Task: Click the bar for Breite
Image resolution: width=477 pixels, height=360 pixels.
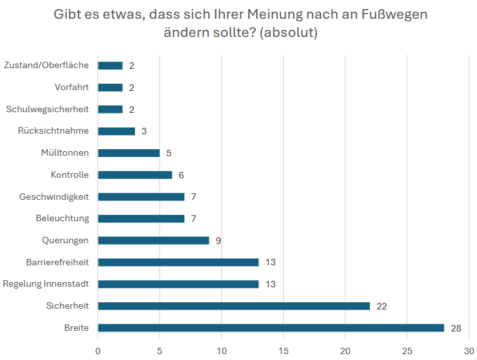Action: (x=271, y=328)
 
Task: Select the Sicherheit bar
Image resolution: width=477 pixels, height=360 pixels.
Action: (x=234, y=306)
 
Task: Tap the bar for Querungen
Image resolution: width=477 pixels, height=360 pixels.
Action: (x=153, y=240)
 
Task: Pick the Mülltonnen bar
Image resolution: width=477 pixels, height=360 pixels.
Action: (x=128, y=153)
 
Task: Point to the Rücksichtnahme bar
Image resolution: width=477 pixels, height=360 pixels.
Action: (x=116, y=131)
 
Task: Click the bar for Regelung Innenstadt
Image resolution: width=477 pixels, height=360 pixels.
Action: (x=178, y=283)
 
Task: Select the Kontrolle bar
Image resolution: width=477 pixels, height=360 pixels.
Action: (x=135, y=174)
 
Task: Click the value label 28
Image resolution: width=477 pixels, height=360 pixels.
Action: (x=456, y=328)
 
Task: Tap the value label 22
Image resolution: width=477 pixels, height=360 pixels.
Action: (x=382, y=306)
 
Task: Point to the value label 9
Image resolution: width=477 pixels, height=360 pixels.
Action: (x=219, y=241)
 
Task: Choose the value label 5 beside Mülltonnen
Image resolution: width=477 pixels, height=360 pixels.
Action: (x=169, y=153)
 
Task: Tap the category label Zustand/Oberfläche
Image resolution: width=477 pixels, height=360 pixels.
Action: (x=46, y=65)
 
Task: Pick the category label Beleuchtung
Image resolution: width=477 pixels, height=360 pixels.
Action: (x=62, y=219)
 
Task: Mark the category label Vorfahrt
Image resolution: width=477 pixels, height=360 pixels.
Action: (x=71, y=87)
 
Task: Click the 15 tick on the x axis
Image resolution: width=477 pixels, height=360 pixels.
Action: (x=283, y=351)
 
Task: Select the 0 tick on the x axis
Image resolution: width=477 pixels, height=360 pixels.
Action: (x=98, y=351)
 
